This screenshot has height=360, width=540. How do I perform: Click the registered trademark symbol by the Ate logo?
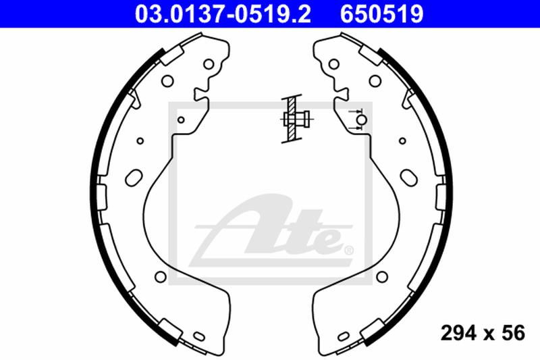click(x=348, y=251)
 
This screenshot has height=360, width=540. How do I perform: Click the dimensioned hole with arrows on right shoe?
click(x=362, y=120)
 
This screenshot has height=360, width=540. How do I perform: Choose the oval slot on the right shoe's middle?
click(x=408, y=177)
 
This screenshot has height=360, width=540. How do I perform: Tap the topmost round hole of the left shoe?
click(x=209, y=65)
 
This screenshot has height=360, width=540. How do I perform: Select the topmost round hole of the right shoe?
click(x=332, y=65)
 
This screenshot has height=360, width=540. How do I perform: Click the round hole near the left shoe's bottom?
click(x=160, y=276)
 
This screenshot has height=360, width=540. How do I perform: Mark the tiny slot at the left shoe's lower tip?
click(x=199, y=336)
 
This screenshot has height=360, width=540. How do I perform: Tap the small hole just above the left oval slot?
click(x=140, y=141)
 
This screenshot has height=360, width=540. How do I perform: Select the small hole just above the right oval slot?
click(x=402, y=141)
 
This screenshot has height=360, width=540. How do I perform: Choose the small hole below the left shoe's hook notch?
click(x=181, y=120)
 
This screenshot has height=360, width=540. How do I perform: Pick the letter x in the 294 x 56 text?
click(x=485, y=333)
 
